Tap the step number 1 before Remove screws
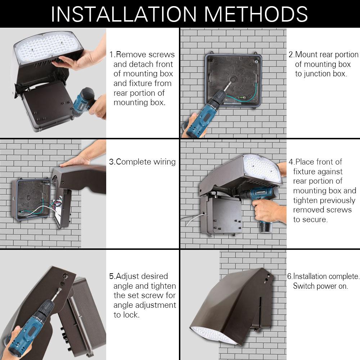(x=111, y=55)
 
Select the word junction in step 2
(x=312, y=74)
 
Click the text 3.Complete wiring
(x=142, y=162)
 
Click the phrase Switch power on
(x=320, y=286)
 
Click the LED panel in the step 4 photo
(x=262, y=170)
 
